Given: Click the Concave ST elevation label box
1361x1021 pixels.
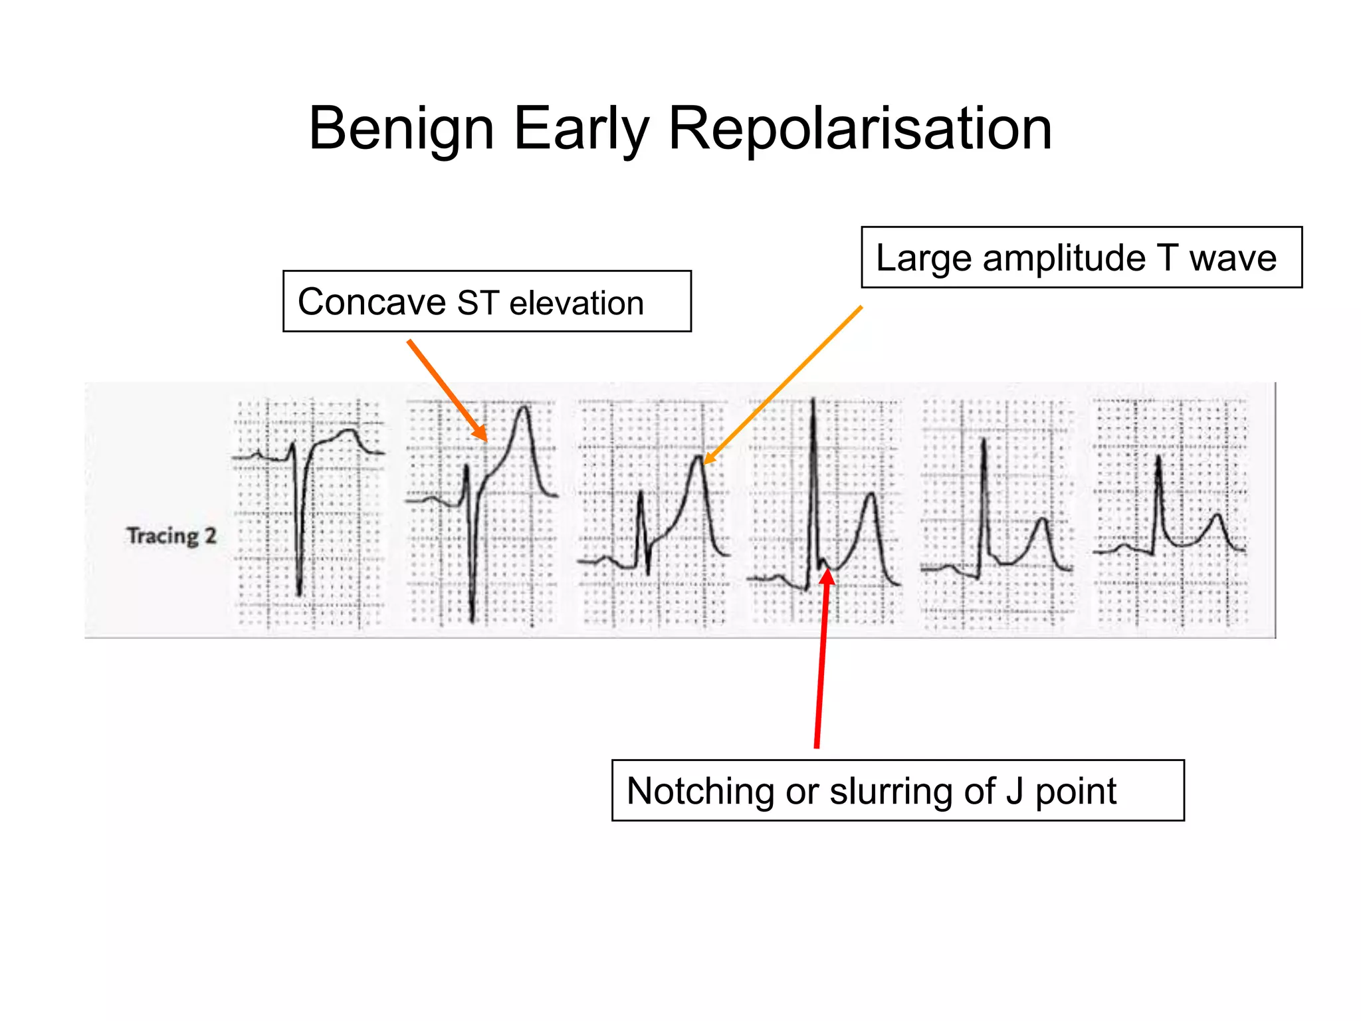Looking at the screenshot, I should point(486,301).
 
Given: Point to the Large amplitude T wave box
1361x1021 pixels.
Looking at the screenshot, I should point(1081,257).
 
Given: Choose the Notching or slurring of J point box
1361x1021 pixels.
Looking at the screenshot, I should point(897,790).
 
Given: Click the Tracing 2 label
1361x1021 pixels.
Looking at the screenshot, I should point(171,536).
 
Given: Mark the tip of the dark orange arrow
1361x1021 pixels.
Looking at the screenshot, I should point(486,441).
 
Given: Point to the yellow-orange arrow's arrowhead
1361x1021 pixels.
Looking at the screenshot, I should point(704,463).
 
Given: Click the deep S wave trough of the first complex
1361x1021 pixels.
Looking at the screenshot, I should point(299,594).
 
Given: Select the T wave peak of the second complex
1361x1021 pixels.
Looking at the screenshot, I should point(524,406).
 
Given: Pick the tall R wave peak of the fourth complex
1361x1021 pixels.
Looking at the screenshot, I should point(813,400).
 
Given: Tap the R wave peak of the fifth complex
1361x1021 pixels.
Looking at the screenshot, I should point(984,439).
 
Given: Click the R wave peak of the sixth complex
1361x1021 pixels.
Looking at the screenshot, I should point(1159,457).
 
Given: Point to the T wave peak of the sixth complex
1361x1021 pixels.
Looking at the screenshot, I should point(1217,514).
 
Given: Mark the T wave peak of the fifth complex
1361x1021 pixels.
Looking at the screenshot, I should point(1043,519).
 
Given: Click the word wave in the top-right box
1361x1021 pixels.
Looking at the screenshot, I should point(1233,258).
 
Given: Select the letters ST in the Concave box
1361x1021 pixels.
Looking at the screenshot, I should point(477,302).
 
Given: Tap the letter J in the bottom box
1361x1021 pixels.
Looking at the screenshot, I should point(1014,791).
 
